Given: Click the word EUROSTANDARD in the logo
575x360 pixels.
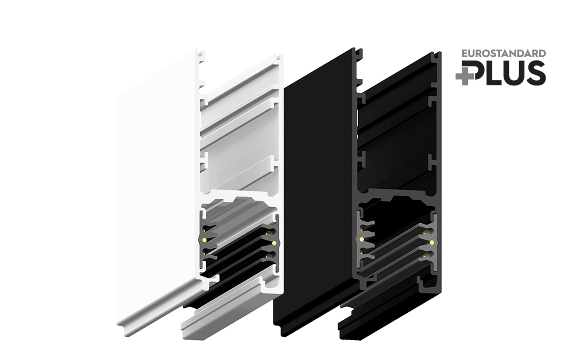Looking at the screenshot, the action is coord(504,53).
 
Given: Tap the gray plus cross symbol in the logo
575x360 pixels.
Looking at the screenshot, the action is coord(465,76).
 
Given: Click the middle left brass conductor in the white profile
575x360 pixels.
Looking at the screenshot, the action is coord(205,240).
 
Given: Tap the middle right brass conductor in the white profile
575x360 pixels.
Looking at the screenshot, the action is coord(274,243).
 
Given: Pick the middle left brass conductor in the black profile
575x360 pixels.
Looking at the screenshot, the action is coord(362,239).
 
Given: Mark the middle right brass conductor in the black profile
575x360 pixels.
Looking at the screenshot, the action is coord(432,242).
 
